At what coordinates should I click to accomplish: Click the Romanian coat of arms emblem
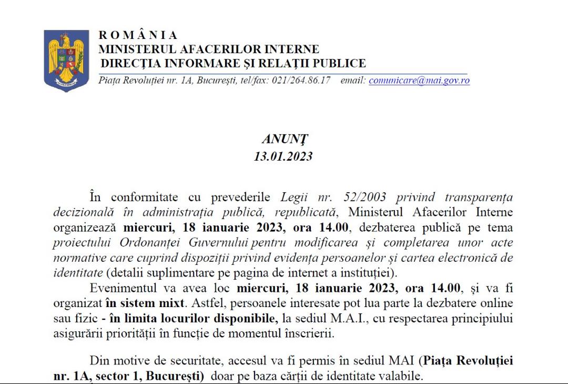coord(66,61)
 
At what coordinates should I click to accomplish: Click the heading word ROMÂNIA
coord(138,35)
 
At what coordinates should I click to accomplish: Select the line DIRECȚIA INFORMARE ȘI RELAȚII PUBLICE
coord(232,64)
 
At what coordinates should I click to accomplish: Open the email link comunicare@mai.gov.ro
coord(419,81)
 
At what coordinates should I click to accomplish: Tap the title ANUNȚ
coord(285,140)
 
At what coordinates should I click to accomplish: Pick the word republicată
coord(297,212)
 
